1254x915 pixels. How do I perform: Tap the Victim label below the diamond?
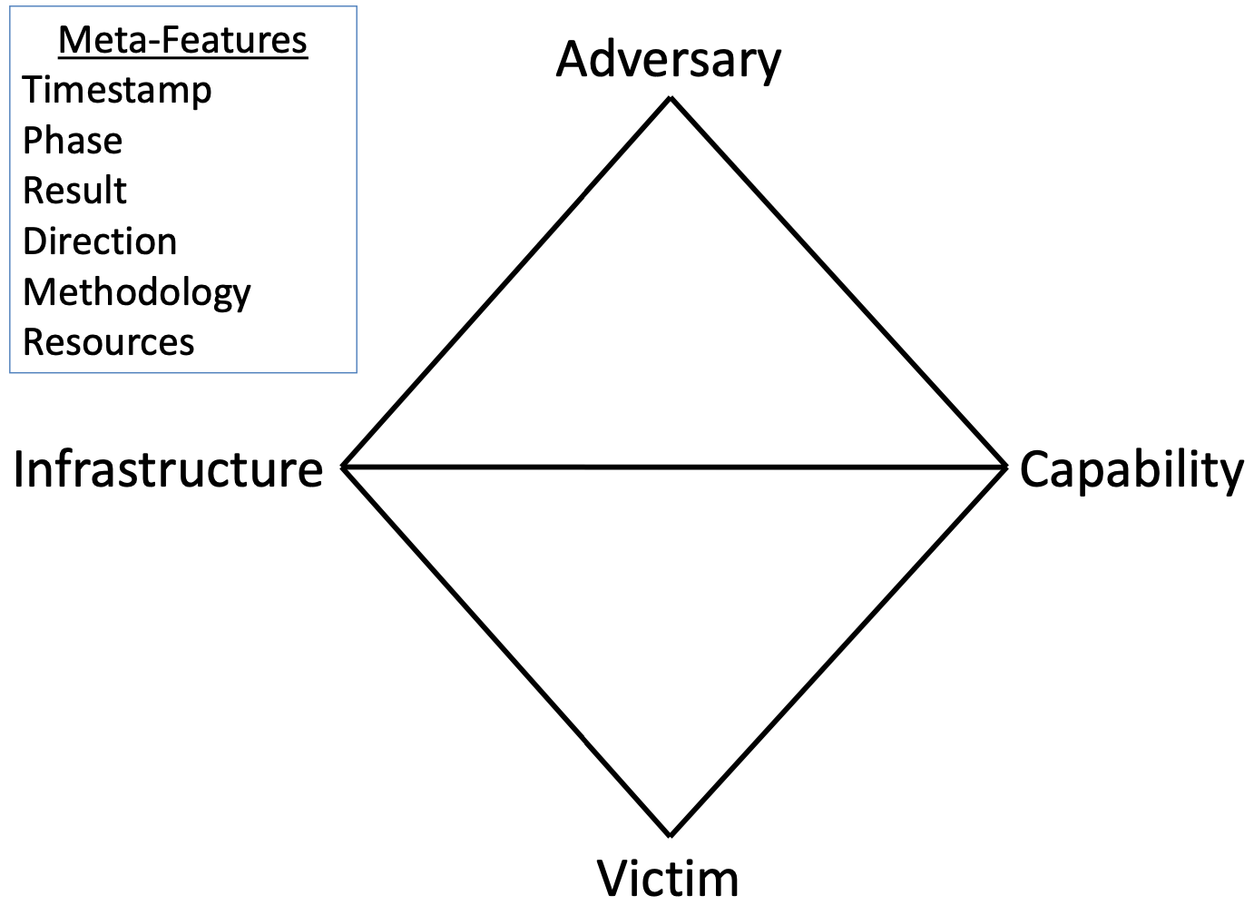668,880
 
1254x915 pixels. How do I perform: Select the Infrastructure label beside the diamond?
168,469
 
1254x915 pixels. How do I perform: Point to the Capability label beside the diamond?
1132,471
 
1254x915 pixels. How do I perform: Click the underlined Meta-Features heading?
183,40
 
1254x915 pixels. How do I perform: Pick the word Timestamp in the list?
117,91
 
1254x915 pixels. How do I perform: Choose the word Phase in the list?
73,140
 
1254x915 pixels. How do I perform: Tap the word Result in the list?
75,191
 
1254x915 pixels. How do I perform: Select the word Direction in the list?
100,241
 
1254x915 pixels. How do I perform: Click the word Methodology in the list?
137,292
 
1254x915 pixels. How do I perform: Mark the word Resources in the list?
109,341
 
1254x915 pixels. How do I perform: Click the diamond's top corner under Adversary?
671,99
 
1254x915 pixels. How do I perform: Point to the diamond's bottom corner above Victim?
671,836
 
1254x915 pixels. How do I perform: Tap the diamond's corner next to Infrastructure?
344,467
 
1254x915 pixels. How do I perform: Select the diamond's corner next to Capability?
1006,467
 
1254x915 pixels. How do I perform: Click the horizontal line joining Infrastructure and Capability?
674,467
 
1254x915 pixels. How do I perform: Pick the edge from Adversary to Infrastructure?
506,282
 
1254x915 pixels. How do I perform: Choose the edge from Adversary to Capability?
838,282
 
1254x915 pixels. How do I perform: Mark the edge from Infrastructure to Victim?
506,651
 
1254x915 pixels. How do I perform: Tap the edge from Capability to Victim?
838,651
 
